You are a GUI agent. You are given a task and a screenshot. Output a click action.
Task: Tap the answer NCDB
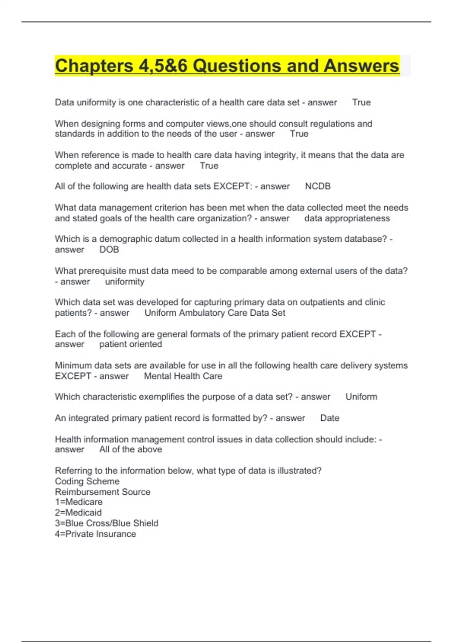[317, 186]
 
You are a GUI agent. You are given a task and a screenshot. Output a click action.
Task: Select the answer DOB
[109, 250]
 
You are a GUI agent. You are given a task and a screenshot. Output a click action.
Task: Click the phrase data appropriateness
[347, 218]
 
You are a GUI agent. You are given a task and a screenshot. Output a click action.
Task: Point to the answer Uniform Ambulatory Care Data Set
[215, 313]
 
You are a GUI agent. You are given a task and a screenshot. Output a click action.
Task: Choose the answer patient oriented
[131, 344]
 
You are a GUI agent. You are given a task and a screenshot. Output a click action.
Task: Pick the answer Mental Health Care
[183, 376]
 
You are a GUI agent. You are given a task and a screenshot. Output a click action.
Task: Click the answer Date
[330, 418]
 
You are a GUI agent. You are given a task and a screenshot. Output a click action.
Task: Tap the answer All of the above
[131, 449]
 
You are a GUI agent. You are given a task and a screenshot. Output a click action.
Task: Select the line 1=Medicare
[79, 502]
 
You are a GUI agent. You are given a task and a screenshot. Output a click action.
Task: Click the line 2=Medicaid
[78, 512]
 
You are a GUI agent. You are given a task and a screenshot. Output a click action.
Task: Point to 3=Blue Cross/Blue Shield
[106, 523]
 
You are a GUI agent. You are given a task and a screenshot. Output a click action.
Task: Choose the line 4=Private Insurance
[95, 534]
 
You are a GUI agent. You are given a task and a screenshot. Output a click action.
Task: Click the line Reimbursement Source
[103, 492]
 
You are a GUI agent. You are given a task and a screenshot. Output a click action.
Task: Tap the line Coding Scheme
[87, 481]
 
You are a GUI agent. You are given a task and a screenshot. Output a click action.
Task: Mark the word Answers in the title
[361, 66]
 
